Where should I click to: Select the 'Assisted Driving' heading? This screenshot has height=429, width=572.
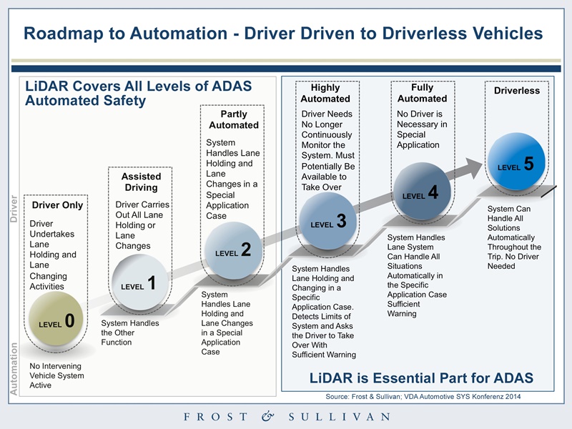coord(141,182)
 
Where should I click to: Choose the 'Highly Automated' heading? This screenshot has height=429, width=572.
coord(325,93)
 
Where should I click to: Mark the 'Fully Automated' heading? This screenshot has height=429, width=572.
coord(422,93)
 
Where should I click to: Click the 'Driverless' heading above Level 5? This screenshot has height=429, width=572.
coord(516,91)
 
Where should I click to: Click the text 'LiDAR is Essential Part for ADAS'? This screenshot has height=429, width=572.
coord(421,378)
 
